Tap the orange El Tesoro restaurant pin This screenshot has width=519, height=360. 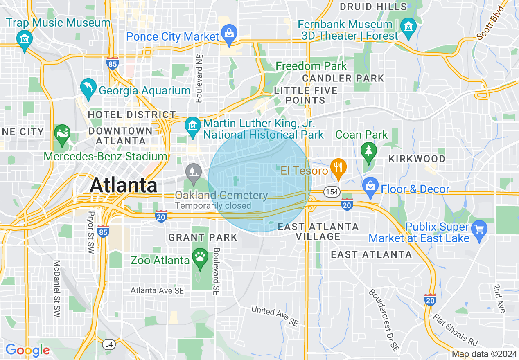click(338, 168)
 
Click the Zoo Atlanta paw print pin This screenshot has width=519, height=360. click(200, 257)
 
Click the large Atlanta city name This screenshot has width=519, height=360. click(123, 185)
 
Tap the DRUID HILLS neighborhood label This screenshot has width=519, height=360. click(374, 7)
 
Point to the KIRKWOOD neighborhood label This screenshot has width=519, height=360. click(417, 159)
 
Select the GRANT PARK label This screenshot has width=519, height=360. click(203, 237)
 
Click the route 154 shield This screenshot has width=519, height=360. click(331, 191)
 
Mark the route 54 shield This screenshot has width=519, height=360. click(109, 344)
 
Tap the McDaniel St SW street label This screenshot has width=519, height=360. click(57, 289)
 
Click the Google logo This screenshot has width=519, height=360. click(27, 350)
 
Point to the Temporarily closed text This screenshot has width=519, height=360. click(213, 205)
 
